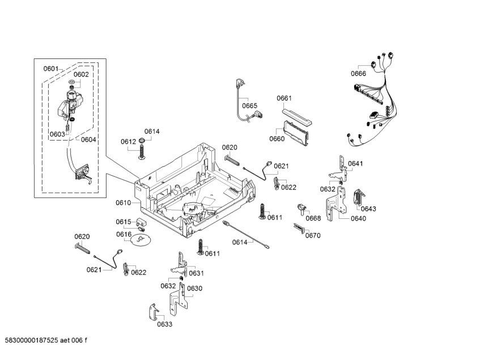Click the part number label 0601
pos(51,69)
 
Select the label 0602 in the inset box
pos(81,74)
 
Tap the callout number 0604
pos(88,139)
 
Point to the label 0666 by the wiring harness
pos(358,74)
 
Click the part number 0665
pos(249,105)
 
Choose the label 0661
pos(284,98)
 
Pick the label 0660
pos(277,139)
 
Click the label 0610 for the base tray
pos(124,202)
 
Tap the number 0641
pos(355,164)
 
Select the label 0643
pos(368,209)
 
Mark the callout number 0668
pos(313,218)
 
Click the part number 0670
pos(313,235)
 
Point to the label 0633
pos(164,324)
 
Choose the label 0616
pos(124,234)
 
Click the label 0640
pos(358,218)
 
